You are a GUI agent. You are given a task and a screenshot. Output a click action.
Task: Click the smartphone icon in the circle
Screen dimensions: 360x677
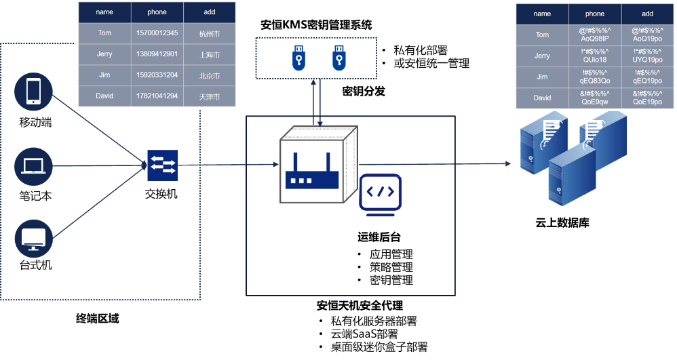33,92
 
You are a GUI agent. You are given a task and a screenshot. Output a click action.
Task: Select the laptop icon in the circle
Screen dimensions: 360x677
33,165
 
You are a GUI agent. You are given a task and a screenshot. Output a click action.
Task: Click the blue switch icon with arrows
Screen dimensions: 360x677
162,165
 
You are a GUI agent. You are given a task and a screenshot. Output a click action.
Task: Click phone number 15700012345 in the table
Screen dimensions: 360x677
157,33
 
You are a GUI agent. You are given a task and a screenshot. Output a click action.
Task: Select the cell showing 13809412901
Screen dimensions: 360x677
157,54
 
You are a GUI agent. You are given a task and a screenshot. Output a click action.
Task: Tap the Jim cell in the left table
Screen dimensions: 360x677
104,75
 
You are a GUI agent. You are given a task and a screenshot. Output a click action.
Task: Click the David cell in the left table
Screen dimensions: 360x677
104,96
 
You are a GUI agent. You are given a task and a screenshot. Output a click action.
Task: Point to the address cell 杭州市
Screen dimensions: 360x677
210,33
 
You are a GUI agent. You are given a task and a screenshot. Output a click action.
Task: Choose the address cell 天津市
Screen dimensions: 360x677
210,96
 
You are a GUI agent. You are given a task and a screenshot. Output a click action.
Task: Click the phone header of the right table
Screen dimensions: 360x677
594,14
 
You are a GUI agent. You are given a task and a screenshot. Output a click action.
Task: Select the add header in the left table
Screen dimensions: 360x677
210,12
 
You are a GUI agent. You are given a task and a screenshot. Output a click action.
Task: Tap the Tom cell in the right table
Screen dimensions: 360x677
542,35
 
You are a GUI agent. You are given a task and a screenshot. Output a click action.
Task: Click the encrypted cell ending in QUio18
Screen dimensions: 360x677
594,56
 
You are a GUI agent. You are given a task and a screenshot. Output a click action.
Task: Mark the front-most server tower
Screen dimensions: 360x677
572,178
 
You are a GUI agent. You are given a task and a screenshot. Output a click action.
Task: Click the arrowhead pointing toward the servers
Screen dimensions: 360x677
508,164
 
